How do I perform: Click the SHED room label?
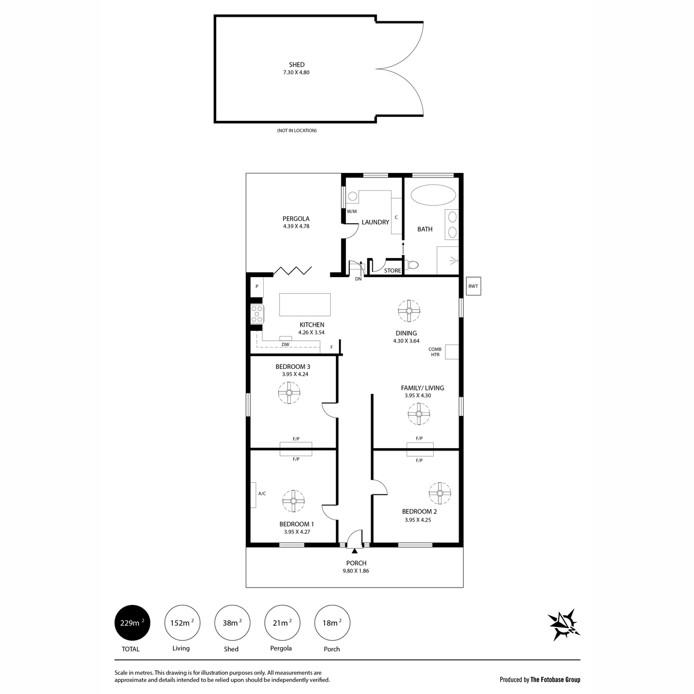297,65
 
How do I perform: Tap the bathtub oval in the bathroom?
433,195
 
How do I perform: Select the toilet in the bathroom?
412,265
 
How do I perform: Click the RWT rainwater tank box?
473,286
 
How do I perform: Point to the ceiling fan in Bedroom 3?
289,393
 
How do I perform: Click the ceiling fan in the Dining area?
409,311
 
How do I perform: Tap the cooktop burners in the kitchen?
257,313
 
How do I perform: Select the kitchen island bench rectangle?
305,305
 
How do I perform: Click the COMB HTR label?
435,352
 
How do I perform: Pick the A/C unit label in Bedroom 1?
262,493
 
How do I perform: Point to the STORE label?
392,271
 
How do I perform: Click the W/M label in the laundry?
352,212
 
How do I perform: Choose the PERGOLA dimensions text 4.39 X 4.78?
296,226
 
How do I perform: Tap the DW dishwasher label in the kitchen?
285,344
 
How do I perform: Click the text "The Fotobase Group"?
555,680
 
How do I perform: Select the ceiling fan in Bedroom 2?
440,493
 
